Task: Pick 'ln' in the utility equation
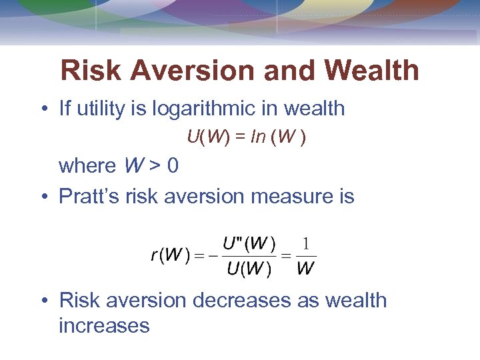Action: (255, 138)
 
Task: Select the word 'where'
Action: (87, 165)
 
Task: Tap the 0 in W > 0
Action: (173, 165)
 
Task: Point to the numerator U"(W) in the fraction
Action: (248, 244)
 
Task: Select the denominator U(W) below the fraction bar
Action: (248, 269)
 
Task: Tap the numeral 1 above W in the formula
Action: (306, 244)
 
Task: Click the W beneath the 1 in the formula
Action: (306, 269)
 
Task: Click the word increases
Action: (104, 325)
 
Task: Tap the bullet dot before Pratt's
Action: (44, 197)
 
